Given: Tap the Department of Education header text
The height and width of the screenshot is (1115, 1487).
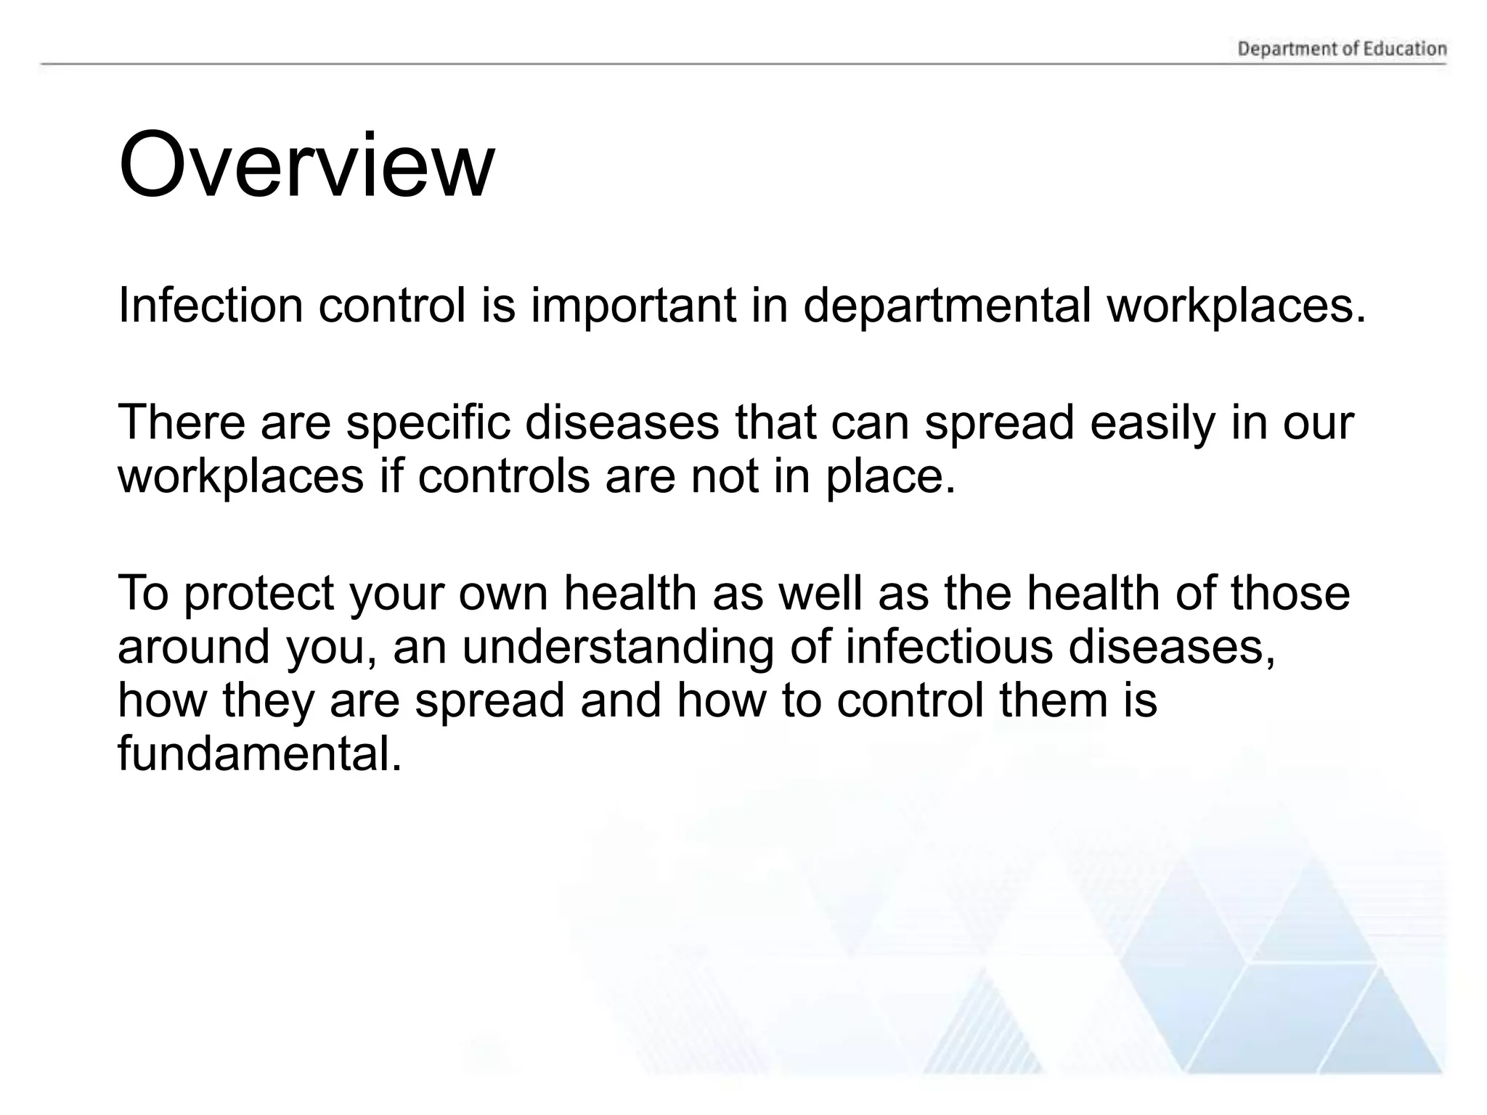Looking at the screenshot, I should point(1342,49).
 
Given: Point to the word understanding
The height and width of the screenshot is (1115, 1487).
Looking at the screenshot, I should point(618,648).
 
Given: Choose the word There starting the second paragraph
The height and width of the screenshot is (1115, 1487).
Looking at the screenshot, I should point(182,422).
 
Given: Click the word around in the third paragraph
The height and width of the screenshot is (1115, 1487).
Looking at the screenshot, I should point(193,648).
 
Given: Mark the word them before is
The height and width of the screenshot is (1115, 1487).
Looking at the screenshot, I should point(1054,701).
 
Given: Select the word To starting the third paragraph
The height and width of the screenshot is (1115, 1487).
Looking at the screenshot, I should point(143,593).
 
